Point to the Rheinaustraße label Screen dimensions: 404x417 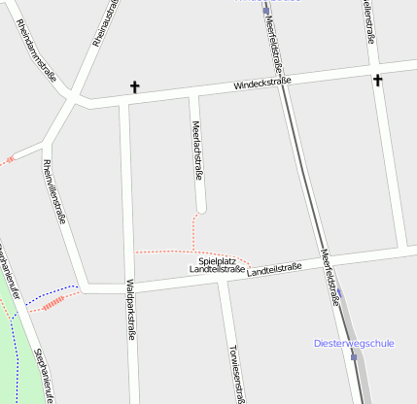click(102, 21)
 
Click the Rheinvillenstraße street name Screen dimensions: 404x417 click(54, 191)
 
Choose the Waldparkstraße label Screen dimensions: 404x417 click(129, 310)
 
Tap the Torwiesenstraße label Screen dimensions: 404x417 click(232, 372)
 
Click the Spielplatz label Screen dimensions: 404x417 click(217, 261)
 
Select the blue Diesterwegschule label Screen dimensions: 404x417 click(354, 343)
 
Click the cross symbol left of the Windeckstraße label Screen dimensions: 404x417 click(134, 87)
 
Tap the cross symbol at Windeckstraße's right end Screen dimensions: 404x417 click(377, 80)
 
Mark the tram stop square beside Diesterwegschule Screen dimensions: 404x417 click(354, 356)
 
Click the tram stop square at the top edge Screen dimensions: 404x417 click(265, 12)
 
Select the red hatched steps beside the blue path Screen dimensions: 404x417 click(52, 303)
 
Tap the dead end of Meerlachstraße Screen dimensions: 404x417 click(201, 210)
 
